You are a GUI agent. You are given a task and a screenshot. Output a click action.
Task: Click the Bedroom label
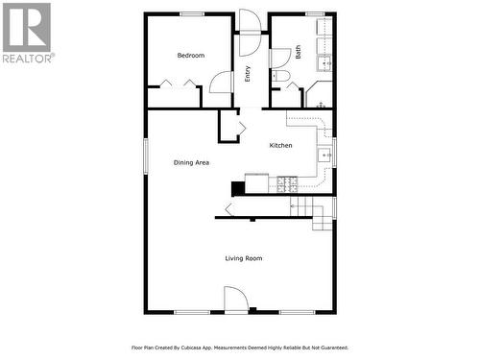click(191, 56)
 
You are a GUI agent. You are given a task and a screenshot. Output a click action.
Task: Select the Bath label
click(298, 55)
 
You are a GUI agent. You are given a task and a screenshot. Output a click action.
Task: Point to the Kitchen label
click(280, 145)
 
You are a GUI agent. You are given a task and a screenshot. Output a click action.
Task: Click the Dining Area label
click(191, 162)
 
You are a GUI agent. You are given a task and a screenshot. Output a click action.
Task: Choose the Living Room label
click(244, 258)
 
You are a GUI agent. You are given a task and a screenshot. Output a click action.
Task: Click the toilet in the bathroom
click(280, 77)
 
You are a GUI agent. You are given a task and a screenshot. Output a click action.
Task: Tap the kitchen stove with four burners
click(287, 183)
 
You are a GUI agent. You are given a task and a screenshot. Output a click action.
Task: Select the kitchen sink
click(325, 154)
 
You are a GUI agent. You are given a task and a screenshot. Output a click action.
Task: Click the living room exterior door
click(236, 300)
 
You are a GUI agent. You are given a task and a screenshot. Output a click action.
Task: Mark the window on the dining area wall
click(146, 156)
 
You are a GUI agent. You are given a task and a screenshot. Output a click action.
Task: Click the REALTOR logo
click(27, 33)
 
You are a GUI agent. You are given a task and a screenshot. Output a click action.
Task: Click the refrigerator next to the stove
click(256, 181)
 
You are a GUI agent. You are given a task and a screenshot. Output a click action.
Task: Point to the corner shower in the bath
click(320, 95)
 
